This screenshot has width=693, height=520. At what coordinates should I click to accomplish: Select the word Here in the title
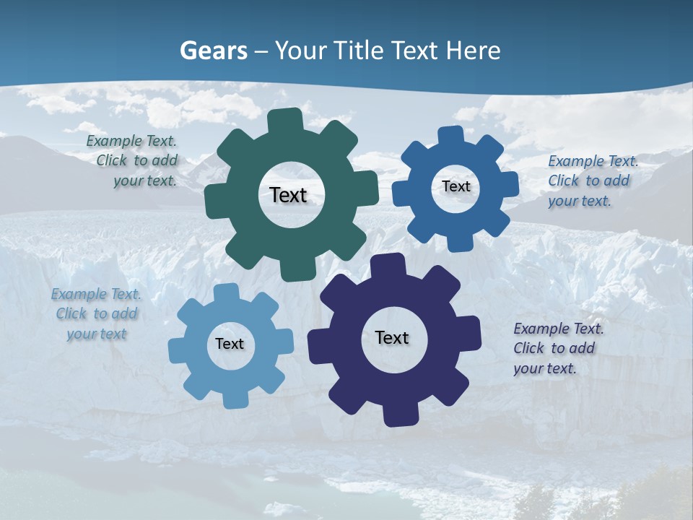click(x=473, y=51)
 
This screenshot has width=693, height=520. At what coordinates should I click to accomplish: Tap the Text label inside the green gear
click(x=289, y=195)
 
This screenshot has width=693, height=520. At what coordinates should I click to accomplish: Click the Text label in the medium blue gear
click(x=456, y=186)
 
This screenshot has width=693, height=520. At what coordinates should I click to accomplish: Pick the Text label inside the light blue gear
click(x=230, y=344)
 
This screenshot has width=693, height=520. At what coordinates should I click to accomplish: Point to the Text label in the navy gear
click(x=392, y=337)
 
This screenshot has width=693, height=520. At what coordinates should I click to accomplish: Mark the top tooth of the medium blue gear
click(x=451, y=136)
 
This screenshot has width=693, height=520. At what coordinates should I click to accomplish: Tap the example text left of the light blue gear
click(x=96, y=314)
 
